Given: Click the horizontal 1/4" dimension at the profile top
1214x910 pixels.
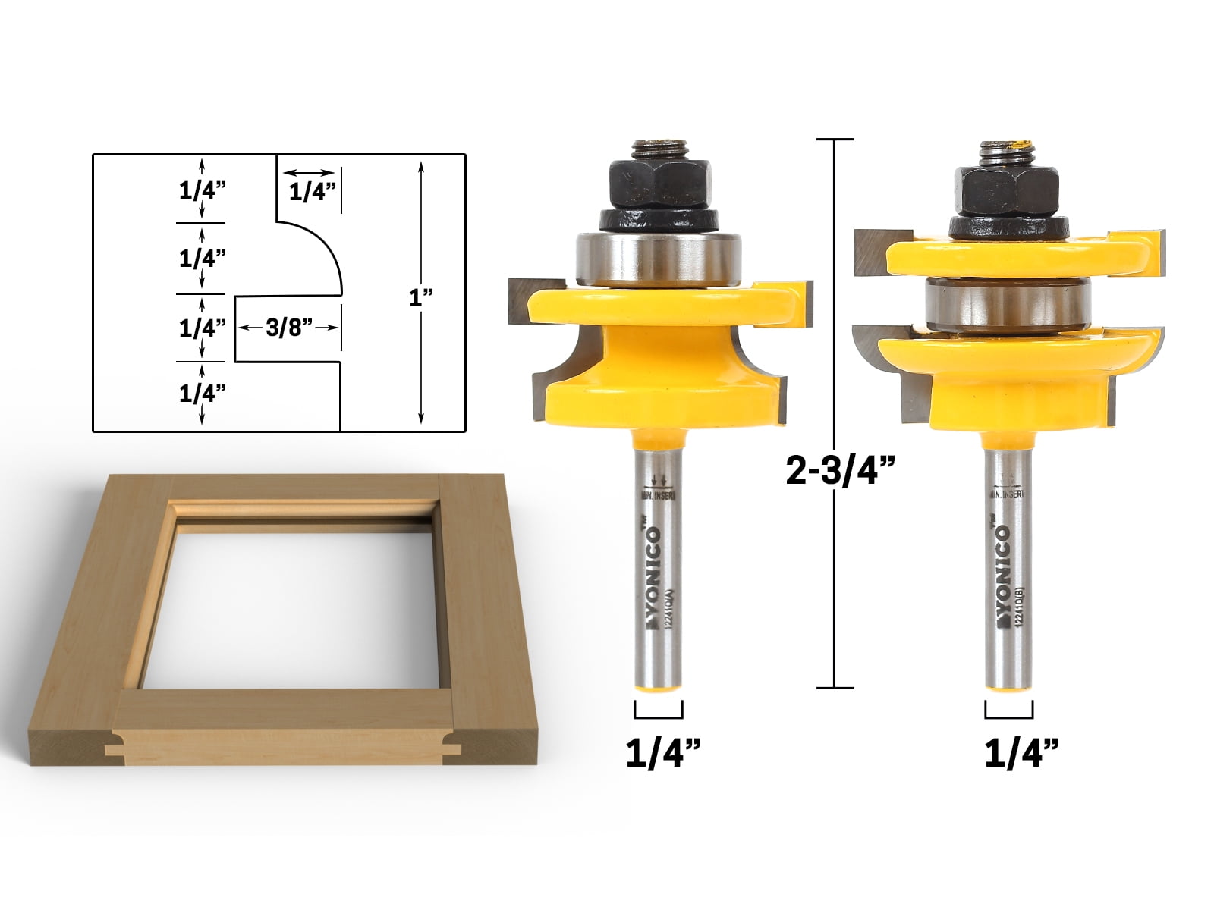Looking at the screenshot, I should (312, 192).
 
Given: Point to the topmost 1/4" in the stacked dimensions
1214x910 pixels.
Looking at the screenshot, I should (203, 190).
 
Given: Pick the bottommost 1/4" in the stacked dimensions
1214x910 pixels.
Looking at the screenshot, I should (203, 393).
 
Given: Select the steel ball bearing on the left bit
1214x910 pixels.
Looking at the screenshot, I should (659, 259).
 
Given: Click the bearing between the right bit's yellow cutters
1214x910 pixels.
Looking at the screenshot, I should (1007, 305).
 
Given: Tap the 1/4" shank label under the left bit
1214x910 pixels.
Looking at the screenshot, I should (662, 754).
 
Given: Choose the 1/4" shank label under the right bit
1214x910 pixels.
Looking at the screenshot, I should (1021, 754).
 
